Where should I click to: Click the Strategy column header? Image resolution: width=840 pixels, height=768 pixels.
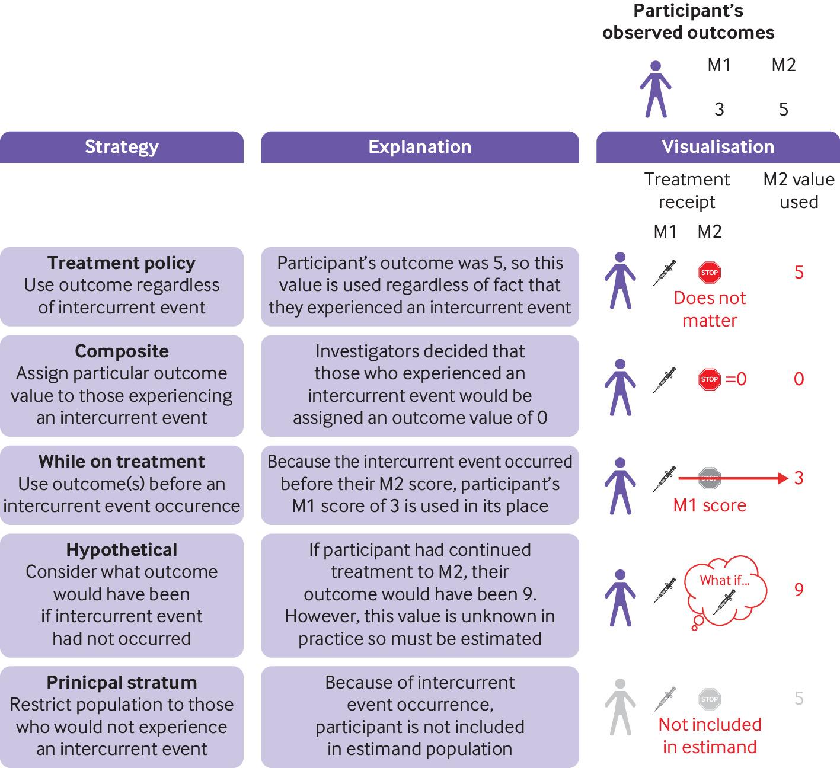(x=122, y=147)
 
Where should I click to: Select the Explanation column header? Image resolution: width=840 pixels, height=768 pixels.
(x=420, y=147)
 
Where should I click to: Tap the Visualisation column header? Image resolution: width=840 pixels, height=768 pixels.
(x=718, y=147)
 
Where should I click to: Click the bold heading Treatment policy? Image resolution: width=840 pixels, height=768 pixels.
(x=122, y=263)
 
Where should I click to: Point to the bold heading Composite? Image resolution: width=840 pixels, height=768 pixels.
(x=122, y=351)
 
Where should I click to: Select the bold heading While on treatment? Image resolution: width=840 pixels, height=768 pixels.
(x=122, y=462)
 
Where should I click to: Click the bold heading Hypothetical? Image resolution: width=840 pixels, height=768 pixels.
(x=122, y=550)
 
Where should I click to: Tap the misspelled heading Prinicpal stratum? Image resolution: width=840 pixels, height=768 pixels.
(x=122, y=683)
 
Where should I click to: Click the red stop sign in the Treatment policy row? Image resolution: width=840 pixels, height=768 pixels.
(x=710, y=273)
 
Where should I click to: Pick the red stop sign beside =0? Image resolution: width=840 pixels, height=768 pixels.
(x=710, y=379)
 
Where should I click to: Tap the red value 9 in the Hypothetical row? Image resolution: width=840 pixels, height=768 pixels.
(x=799, y=590)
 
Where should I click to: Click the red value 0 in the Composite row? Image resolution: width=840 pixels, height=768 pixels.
(x=799, y=379)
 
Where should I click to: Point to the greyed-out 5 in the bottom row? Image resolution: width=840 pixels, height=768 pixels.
(x=799, y=699)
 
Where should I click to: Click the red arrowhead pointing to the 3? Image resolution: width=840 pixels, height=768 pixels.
(x=782, y=478)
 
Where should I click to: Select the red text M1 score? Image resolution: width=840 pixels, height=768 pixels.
(x=710, y=505)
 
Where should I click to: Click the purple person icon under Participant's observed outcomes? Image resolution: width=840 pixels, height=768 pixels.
(x=655, y=89)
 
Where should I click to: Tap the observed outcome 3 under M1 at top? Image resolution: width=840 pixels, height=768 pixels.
(x=719, y=110)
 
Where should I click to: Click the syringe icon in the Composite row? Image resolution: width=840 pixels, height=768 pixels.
(x=665, y=379)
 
